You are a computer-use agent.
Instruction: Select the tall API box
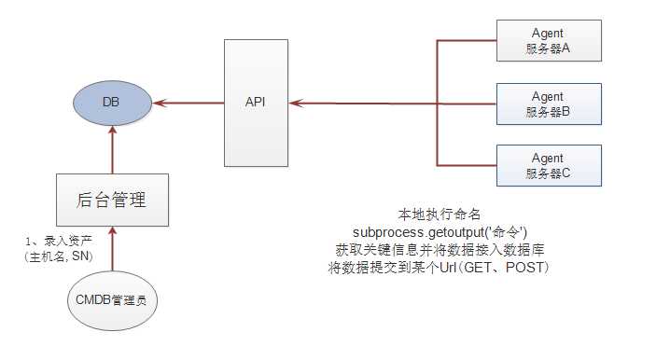[x=255, y=102]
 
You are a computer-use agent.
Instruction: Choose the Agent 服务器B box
[x=548, y=104]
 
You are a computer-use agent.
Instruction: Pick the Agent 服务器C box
[x=548, y=165]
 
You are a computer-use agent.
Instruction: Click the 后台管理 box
[x=112, y=199]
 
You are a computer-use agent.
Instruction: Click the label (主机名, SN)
[x=59, y=257]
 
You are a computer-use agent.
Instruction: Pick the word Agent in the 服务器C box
[x=548, y=158]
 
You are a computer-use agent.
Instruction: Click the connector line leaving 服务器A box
[x=467, y=40]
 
